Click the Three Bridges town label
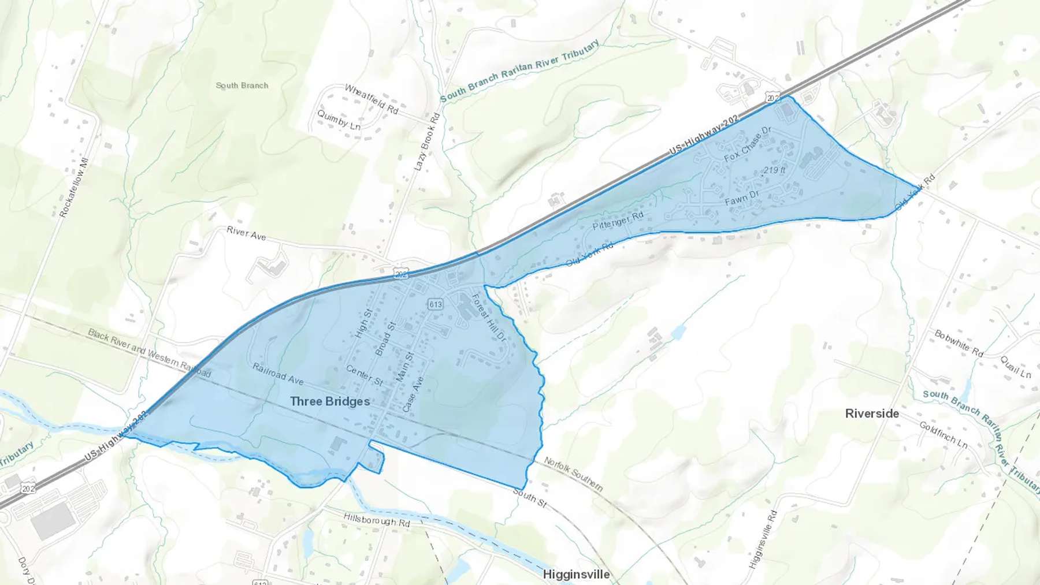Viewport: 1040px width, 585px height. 330,401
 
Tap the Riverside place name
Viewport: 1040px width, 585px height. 872,413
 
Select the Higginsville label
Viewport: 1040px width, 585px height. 576,575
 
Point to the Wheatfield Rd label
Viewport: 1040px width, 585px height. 372,99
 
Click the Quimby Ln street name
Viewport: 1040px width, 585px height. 339,120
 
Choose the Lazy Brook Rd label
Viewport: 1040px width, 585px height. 427,142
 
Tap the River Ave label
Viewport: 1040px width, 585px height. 246,233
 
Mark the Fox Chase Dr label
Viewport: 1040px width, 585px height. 748,144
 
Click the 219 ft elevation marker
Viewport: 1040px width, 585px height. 774,170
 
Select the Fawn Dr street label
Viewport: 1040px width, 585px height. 742,198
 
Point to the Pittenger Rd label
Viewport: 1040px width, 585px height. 618,221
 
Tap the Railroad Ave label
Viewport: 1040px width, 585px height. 278,374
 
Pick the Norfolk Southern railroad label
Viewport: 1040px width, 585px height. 573,474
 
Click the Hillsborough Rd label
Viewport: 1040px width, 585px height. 376,520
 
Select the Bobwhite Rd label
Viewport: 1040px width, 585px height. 959,343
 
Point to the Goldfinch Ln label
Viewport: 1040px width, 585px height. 943,434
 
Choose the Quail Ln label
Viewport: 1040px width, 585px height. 1015,367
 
